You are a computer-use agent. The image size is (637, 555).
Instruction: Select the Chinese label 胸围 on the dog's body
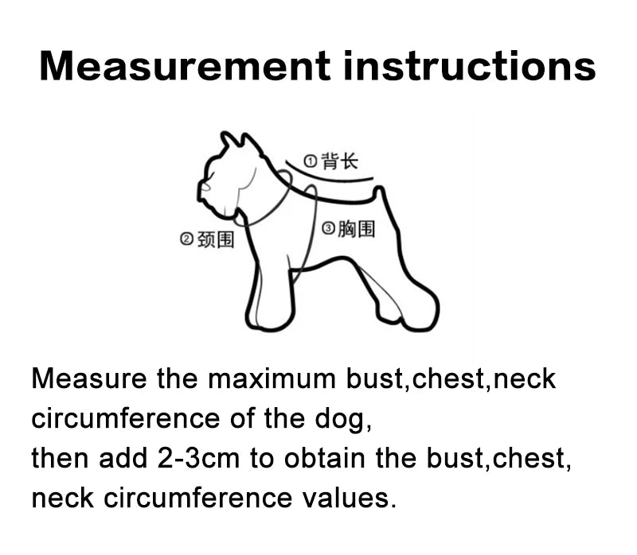[356, 229]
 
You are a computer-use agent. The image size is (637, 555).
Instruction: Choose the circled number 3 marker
[328, 229]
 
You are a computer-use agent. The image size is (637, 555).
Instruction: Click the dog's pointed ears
[231, 142]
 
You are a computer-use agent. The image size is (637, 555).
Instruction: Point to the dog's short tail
[381, 193]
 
